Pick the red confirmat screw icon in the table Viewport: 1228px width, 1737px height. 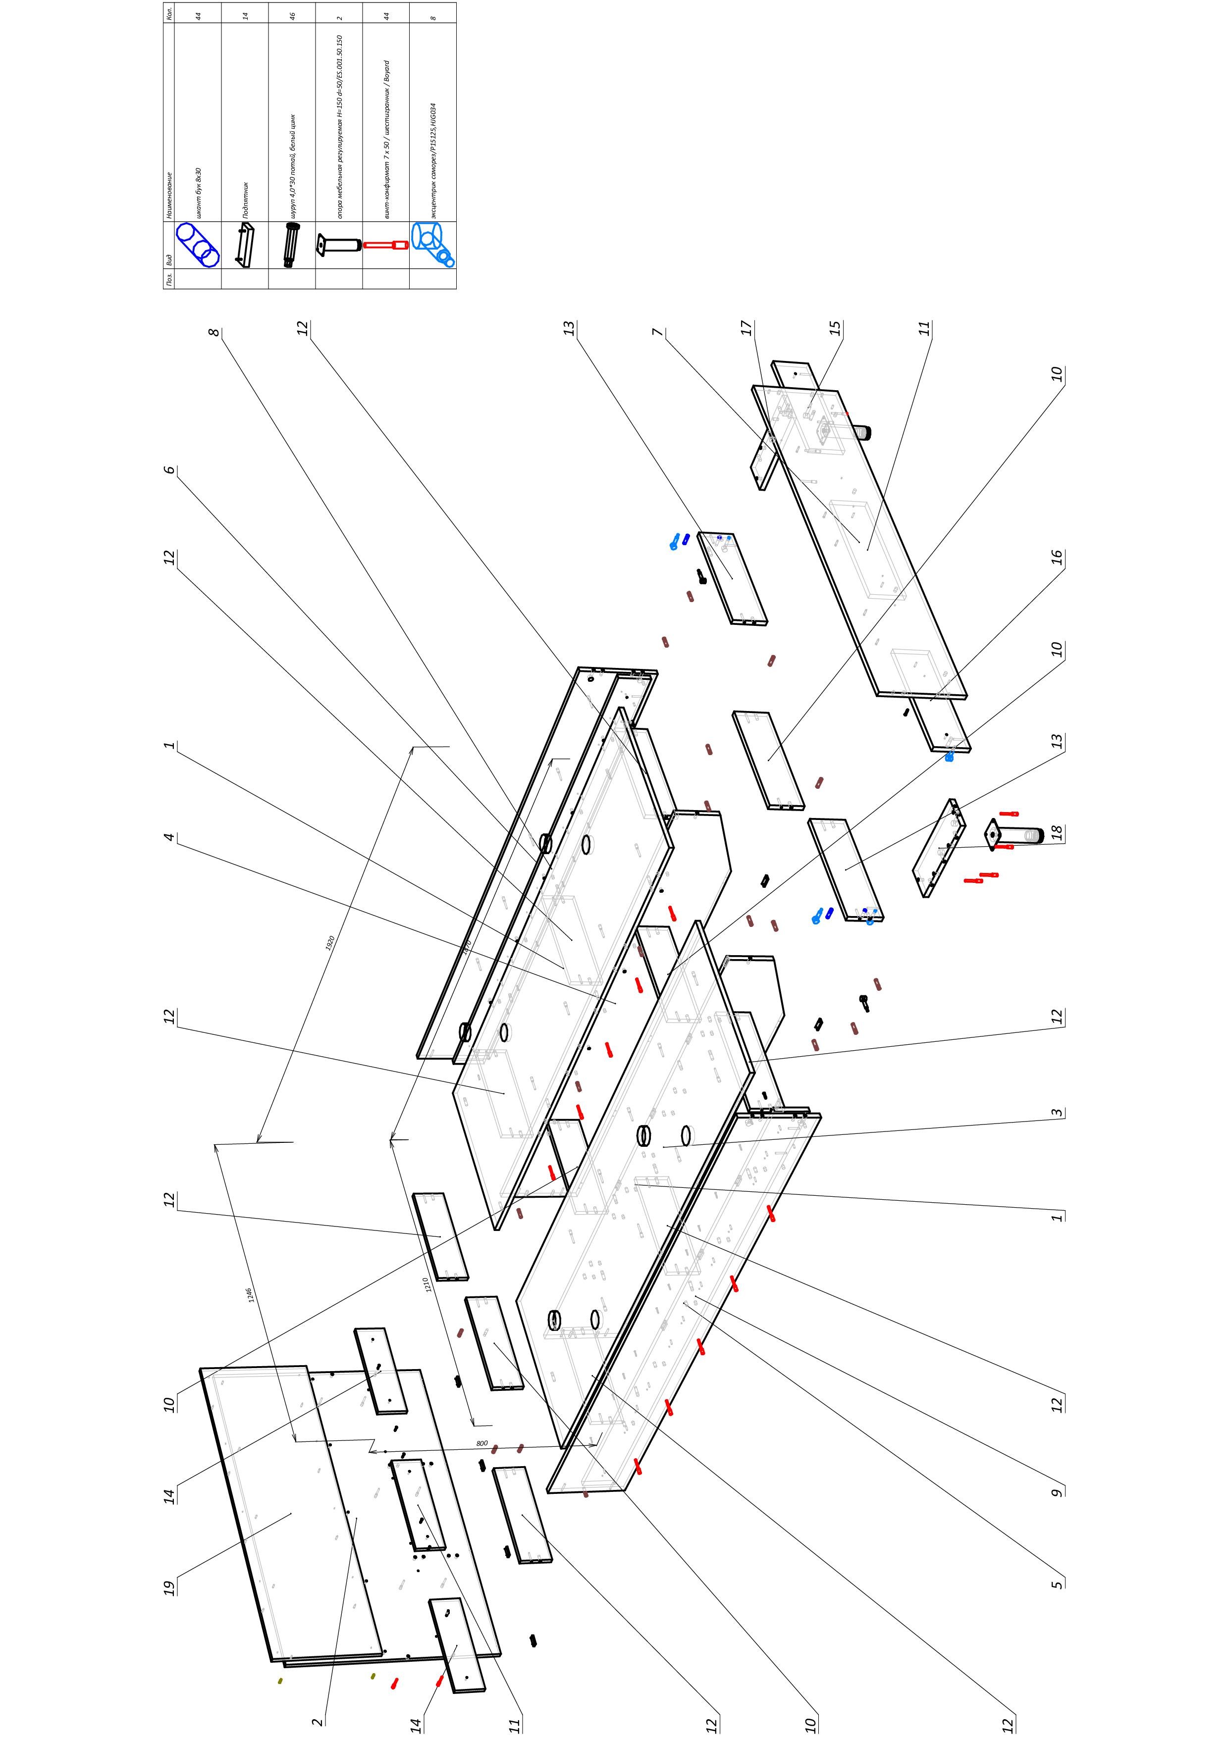(386, 245)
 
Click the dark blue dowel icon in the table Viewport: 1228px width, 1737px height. (198, 245)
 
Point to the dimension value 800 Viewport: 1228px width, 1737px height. (482, 1443)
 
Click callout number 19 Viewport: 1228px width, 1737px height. (169, 1587)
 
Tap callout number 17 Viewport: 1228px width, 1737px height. (747, 328)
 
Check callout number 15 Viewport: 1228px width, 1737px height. (835, 328)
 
